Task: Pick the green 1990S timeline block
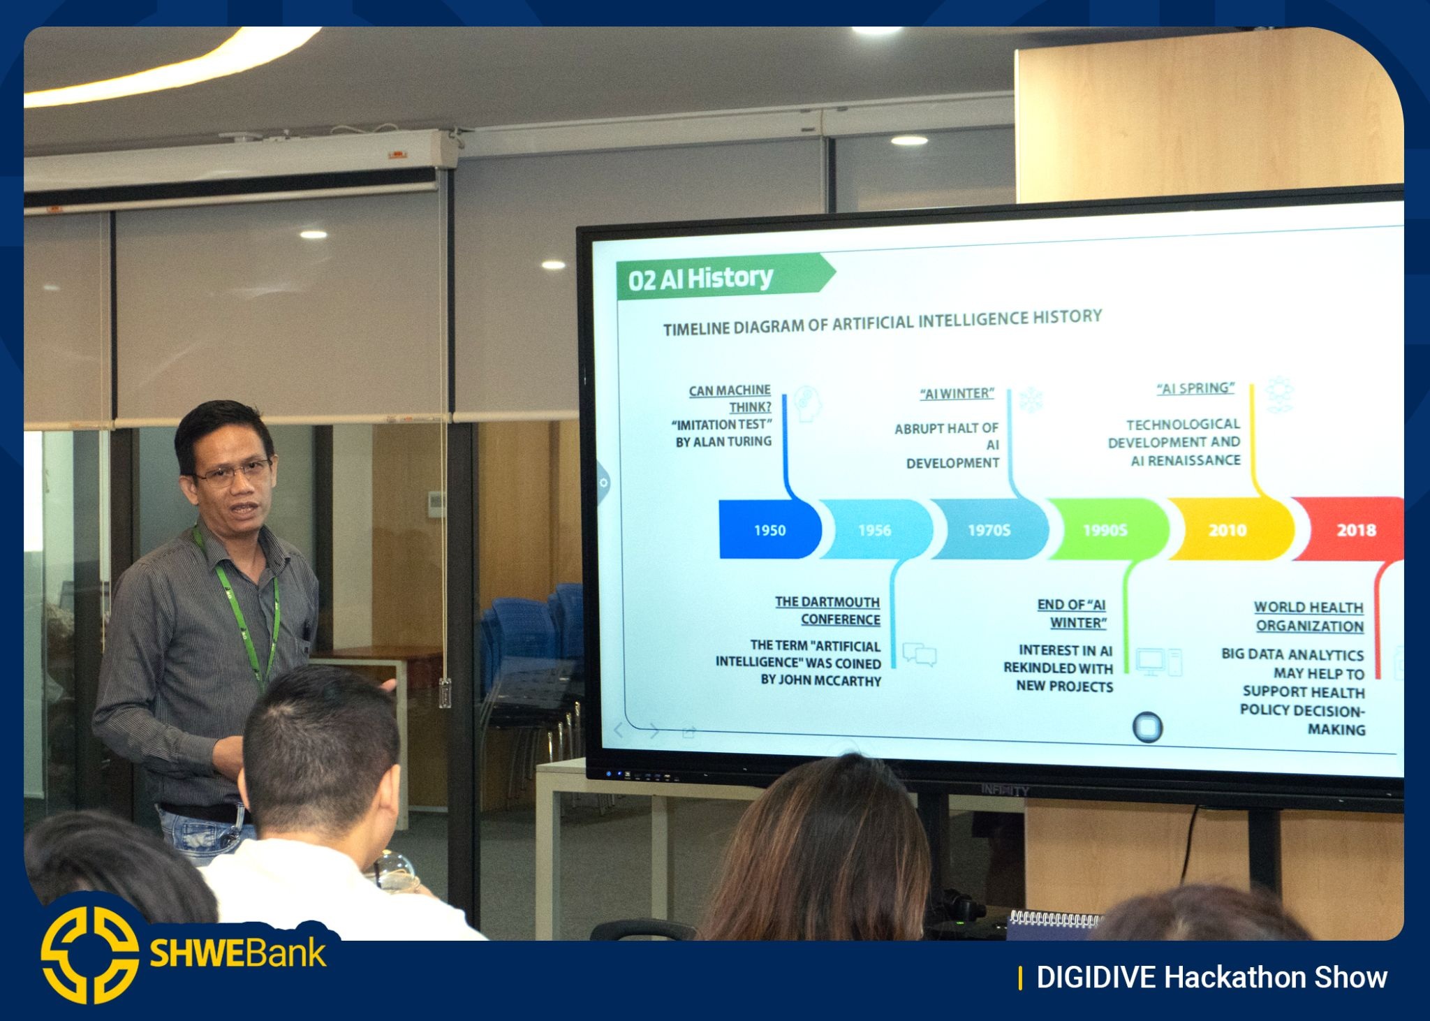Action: click(x=1105, y=530)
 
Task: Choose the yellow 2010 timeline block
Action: click(x=1228, y=529)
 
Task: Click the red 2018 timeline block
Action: click(x=1351, y=529)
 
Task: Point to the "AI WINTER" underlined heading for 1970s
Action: click(x=957, y=394)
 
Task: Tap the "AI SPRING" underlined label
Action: click(x=1195, y=389)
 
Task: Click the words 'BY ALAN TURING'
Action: click(x=723, y=442)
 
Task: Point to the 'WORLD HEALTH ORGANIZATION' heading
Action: click(x=1309, y=617)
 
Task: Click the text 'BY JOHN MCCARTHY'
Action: click(x=821, y=680)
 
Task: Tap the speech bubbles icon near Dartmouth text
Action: click(x=920, y=654)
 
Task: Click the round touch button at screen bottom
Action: click(x=1147, y=727)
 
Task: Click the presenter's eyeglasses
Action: click(x=232, y=473)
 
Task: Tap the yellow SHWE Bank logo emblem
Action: click(x=89, y=955)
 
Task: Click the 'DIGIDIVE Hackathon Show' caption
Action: click(x=1211, y=978)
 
